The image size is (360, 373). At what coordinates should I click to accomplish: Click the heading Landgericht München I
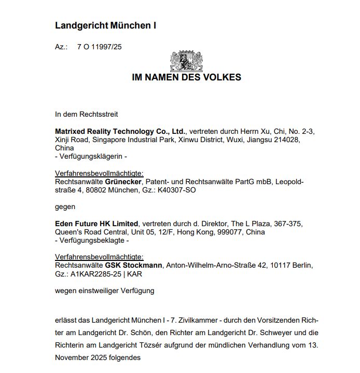pyautogui.click(x=105, y=25)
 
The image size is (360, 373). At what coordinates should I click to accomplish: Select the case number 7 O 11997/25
pyautogui.click(x=100, y=47)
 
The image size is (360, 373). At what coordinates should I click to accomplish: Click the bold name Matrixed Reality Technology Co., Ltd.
pyautogui.click(x=120, y=131)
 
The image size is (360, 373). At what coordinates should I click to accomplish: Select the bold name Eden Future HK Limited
pyautogui.click(x=96, y=224)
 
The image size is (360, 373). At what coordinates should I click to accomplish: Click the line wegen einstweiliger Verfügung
pyautogui.click(x=104, y=291)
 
